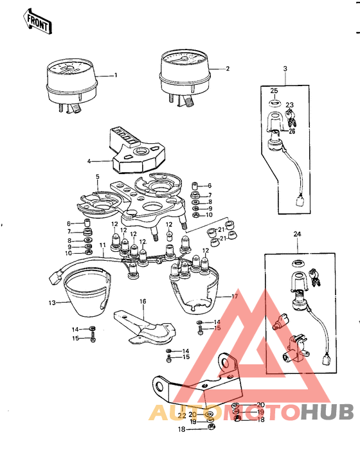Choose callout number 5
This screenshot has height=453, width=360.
(x=97, y=175)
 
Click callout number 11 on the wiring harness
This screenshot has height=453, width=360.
(x=102, y=245)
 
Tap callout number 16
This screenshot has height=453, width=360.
(x=143, y=301)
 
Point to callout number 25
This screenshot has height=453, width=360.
(x=274, y=91)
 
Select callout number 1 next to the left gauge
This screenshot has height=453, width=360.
(x=116, y=75)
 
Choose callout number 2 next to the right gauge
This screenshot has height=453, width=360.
(x=227, y=68)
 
